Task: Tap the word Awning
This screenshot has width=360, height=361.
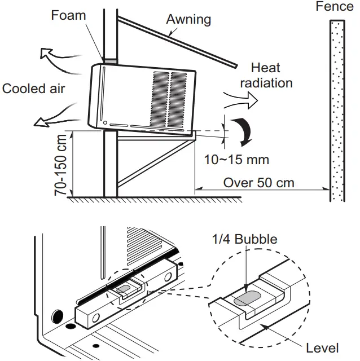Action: point(188,19)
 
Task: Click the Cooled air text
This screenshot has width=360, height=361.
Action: point(34,89)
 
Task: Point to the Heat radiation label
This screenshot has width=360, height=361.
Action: point(266,76)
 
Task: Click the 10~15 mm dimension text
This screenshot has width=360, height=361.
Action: point(237,160)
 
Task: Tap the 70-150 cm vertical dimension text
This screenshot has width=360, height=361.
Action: point(62,164)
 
